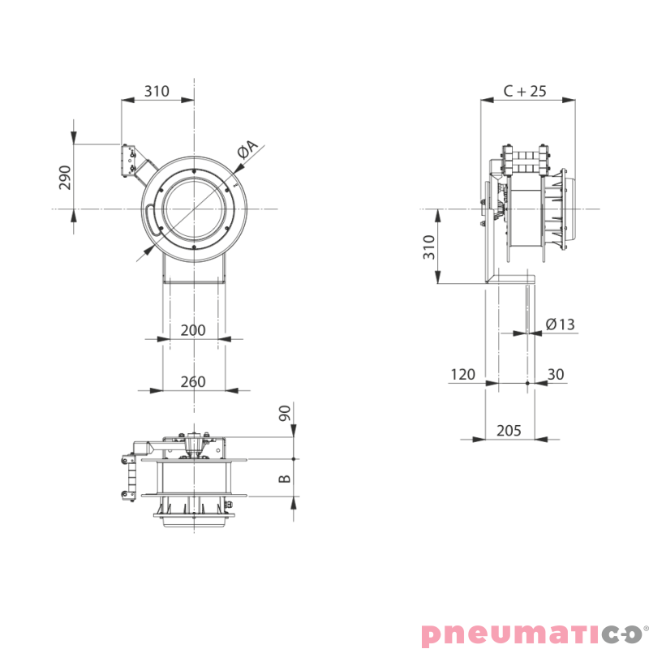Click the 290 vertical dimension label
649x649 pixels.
(x=65, y=178)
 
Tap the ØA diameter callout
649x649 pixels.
(x=247, y=149)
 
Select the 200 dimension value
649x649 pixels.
(x=193, y=330)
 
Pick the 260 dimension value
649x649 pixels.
(x=193, y=381)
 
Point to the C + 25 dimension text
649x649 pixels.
(x=525, y=91)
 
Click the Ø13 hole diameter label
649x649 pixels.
(x=561, y=324)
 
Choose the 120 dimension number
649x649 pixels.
(x=462, y=375)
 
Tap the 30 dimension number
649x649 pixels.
(x=556, y=375)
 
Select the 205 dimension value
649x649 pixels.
(x=509, y=431)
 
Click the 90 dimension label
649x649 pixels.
(x=285, y=413)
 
